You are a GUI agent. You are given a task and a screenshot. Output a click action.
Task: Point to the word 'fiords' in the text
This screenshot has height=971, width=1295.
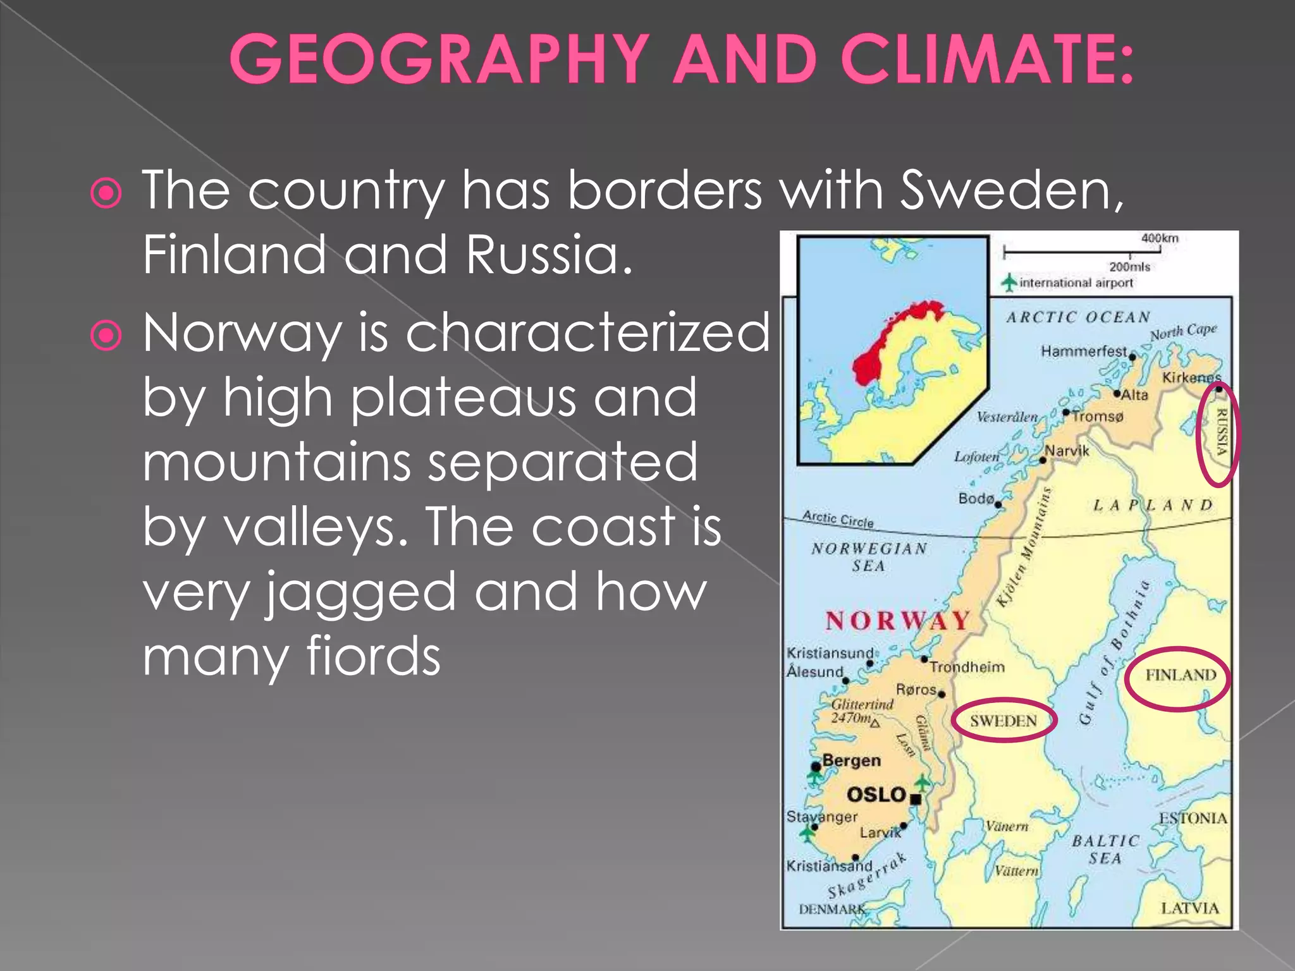tap(373, 656)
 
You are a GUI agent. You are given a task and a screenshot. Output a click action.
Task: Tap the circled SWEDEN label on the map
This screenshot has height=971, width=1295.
tap(1003, 721)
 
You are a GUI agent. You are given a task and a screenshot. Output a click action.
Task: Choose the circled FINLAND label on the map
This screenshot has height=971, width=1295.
tap(1180, 676)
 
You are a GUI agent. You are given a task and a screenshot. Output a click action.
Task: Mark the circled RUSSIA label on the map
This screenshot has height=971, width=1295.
tap(1221, 433)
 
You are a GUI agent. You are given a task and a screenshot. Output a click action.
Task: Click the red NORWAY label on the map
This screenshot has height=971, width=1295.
tap(897, 621)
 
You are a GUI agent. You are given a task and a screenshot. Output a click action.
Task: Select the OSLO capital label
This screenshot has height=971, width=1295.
tap(876, 795)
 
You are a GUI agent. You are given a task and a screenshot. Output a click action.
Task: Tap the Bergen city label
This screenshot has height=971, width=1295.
tap(851, 760)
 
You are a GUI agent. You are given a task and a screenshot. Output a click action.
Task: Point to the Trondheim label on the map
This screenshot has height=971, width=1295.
tap(967, 667)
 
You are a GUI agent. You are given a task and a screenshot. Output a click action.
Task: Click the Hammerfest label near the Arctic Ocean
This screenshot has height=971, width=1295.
tap(1083, 351)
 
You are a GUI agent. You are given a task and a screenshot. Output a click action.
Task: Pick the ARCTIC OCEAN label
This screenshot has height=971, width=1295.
tap(1078, 317)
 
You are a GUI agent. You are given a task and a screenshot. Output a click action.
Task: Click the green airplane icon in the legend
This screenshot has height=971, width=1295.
tap(1009, 282)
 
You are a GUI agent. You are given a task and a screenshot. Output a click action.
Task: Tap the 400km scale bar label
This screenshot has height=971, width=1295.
tap(1160, 238)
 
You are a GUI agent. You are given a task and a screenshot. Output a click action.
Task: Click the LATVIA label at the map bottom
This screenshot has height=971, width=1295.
tap(1189, 908)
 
